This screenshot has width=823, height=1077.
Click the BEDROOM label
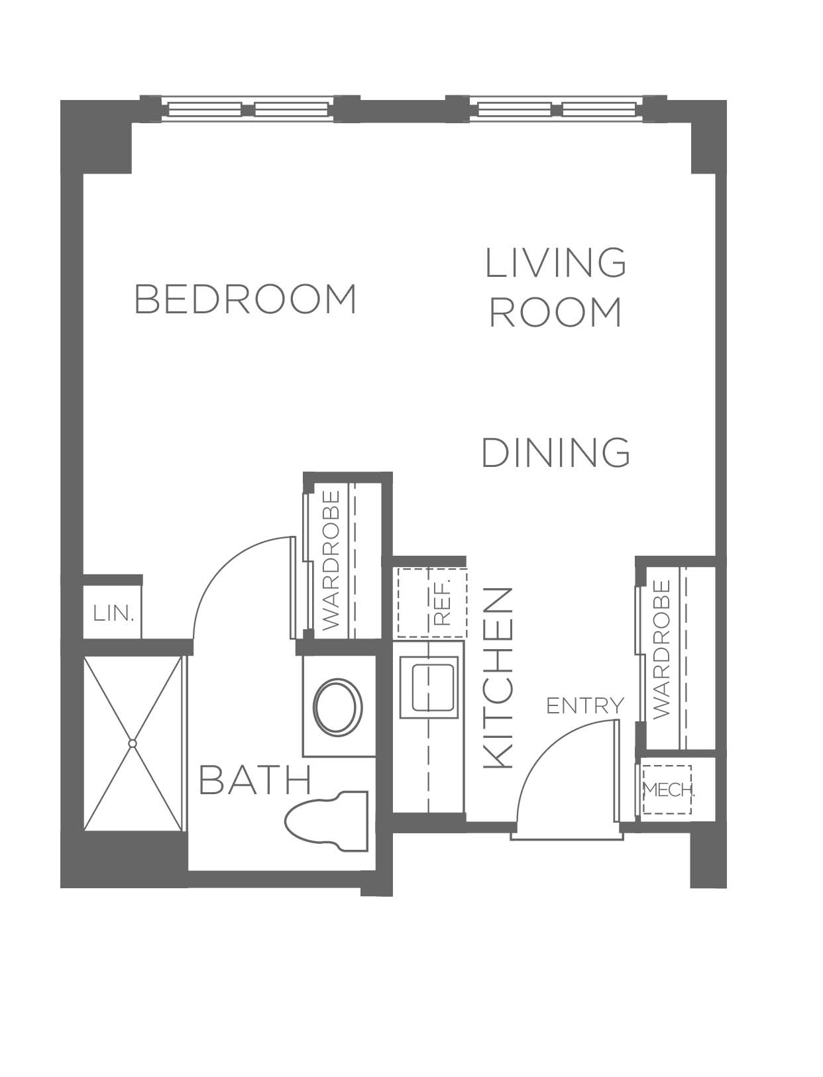[x=245, y=299]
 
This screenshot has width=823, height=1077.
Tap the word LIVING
[x=555, y=263]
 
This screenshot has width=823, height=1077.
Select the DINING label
[x=556, y=452]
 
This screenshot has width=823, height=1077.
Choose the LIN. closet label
[x=113, y=613]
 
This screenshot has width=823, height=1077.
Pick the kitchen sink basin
[x=431, y=687]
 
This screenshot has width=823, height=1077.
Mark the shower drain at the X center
[x=133, y=744]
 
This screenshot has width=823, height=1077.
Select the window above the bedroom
[x=248, y=109]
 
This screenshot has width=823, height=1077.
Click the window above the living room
[x=555, y=109]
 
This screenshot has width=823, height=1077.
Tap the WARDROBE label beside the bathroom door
[x=332, y=560]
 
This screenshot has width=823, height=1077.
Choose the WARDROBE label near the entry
[x=662, y=650]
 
